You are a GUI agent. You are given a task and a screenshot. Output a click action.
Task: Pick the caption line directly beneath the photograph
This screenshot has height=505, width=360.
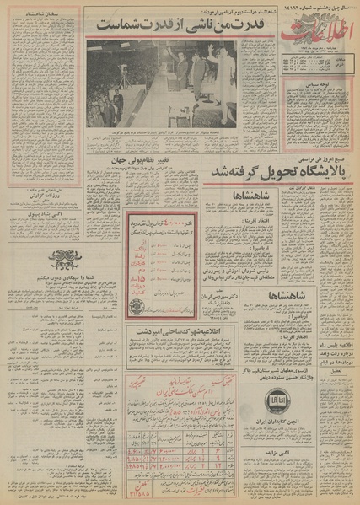point(160,132)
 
